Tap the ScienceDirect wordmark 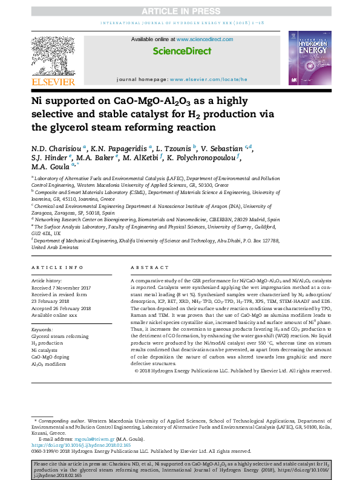[180, 52]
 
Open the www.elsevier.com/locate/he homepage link [209, 79]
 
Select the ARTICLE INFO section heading [57, 267]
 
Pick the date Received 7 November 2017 [61, 288]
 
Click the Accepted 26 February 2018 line [61, 308]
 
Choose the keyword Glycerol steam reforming [60, 336]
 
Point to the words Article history [47, 281]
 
